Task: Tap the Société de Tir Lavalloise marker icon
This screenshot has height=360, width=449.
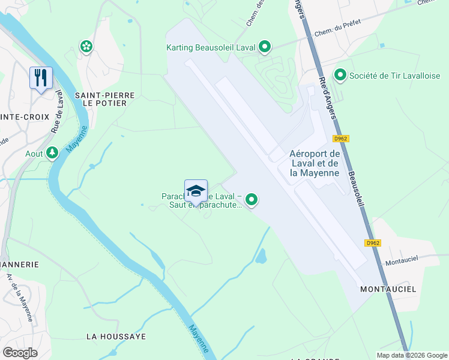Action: (340, 76)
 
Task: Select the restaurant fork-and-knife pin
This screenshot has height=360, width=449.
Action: (41, 78)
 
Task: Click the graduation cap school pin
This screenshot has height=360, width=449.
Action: (196, 191)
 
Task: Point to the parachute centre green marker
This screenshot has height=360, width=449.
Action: (252, 200)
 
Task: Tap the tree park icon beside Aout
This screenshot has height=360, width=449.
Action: (52, 154)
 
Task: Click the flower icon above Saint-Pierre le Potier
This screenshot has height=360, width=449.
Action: (86, 46)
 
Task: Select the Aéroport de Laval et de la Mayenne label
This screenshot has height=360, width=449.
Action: (315, 163)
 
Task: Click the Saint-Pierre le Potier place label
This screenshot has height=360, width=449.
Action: (100, 99)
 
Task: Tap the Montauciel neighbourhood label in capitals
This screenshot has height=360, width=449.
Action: (388, 289)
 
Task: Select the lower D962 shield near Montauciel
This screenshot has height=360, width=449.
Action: (373, 243)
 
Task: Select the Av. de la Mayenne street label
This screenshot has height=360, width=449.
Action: (19, 294)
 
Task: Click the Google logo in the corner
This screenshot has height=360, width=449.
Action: (20, 352)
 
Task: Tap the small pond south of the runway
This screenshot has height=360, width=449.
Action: (261, 257)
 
